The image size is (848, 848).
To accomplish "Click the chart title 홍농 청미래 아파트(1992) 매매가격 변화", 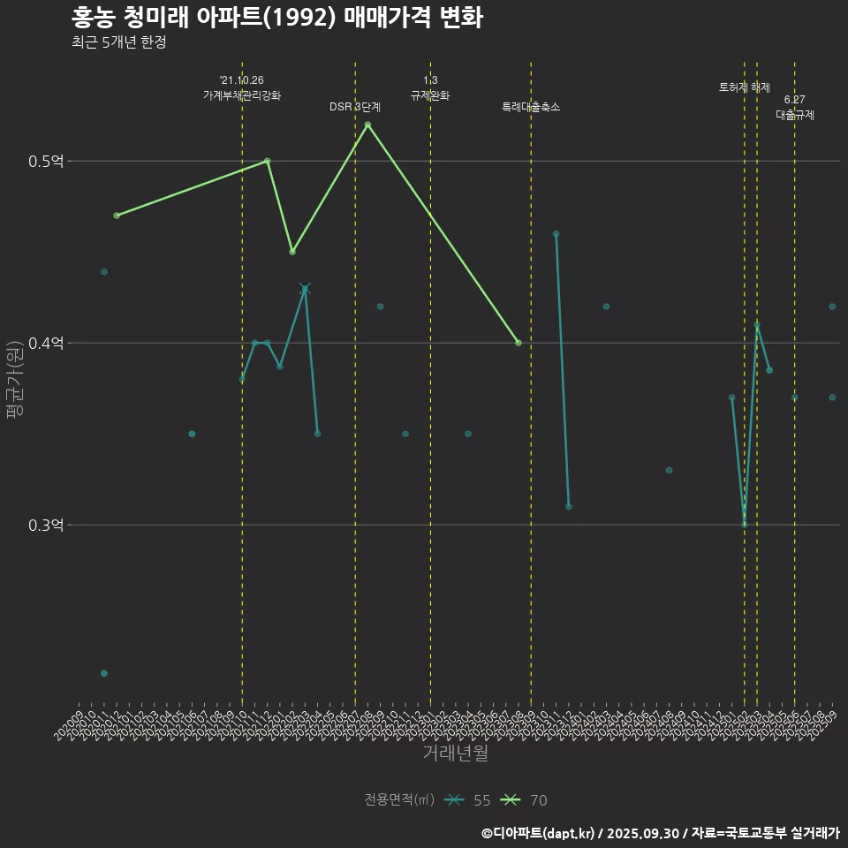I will pos(276,18).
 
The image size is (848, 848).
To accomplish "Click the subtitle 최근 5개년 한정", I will pos(119,42).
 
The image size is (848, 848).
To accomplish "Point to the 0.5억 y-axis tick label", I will pos(46,162).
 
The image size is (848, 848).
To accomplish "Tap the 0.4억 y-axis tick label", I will pos(46,344).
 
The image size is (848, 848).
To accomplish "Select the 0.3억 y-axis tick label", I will pos(46,526).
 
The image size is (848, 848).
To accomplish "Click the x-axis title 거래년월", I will pos(455,753).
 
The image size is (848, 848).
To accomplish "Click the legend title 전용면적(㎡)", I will pos(399,800).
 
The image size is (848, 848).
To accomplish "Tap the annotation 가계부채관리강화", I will pos(242,95).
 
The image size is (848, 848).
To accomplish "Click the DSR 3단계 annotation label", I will pos(355,107).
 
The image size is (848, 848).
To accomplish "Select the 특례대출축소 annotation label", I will pos(531,107).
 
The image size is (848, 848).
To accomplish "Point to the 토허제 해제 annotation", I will pos(745,87).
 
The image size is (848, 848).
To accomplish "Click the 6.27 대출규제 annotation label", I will pos(795,107).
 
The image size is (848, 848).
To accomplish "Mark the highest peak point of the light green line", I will pos(367,125).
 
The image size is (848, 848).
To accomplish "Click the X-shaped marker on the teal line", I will pos(305,289).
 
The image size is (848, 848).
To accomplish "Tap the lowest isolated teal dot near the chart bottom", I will pos(104,673).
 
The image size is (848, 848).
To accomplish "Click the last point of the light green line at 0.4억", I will pos(519,343).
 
